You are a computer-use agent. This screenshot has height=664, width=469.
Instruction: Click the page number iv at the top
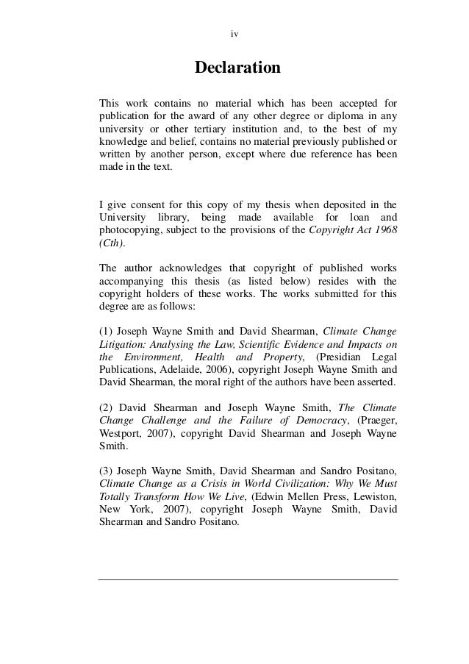[234, 34]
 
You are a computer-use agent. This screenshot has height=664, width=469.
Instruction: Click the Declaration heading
[237, 68]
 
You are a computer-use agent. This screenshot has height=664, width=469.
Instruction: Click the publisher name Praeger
[375, 418]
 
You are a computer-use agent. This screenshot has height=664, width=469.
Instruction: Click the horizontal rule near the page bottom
[248, 580]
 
